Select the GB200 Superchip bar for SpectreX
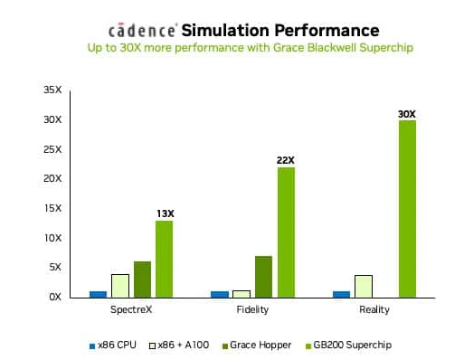click(x=164, y=259)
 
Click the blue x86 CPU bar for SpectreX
click(x=98, y=293)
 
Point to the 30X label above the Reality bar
click(x=407, y=114)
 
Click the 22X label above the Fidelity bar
click(x=285, y=160)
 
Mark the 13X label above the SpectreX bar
click(x=164, y=213)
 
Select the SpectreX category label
click(x=131, y=310)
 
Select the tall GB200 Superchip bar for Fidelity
click(x=286, y=232)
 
